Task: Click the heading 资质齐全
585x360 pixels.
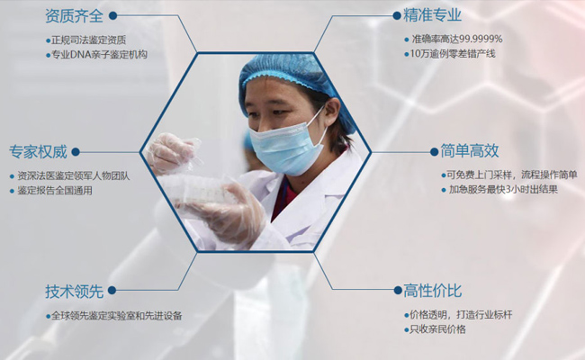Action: pos(74,15)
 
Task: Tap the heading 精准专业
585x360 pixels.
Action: pos(432,15)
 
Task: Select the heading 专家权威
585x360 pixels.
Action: pos(38,152)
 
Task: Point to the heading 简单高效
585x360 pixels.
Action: pos(470,151)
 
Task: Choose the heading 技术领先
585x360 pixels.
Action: pos(74,291)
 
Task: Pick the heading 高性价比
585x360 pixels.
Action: pos(432,291)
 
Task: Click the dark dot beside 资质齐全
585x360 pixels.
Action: pos(112,15)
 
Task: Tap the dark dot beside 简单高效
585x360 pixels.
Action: pos(434,152)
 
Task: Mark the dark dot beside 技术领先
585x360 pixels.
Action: pos(112,291)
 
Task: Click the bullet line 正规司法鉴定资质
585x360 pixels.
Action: pos(89,40)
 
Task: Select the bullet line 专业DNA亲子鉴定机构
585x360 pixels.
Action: pos(99,55)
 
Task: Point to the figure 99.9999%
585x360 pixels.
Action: pos(481,39)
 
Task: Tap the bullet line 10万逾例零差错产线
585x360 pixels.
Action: pos(453,54)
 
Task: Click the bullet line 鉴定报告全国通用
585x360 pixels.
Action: pos(55,190)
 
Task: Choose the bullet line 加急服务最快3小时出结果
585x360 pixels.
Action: pos(503,189)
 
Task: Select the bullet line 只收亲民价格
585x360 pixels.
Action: pos(437,329)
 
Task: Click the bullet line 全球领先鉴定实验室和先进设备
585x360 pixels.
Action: pos(116,316)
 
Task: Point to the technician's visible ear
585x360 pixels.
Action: pos(332,112)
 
